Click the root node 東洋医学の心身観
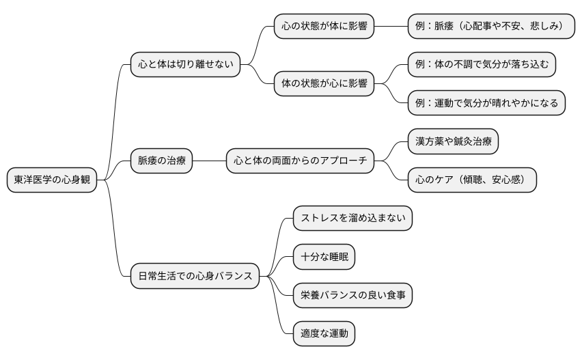(53, 180)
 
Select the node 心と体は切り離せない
(185, 65)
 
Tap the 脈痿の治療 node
(162, 161)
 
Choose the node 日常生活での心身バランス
(195, 276)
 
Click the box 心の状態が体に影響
(324, 27)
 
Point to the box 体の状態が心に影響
(324, 84)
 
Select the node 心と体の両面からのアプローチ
(300, 161)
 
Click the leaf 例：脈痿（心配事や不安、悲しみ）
(489, 27)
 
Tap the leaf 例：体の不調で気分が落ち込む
(482, 65)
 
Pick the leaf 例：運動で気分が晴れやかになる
(486, 103)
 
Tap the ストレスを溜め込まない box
(352, 219)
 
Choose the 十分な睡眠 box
(324, 257)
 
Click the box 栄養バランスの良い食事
(352, 295)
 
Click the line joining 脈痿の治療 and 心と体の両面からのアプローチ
(209, 161)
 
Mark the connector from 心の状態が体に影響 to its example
(391, 27)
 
